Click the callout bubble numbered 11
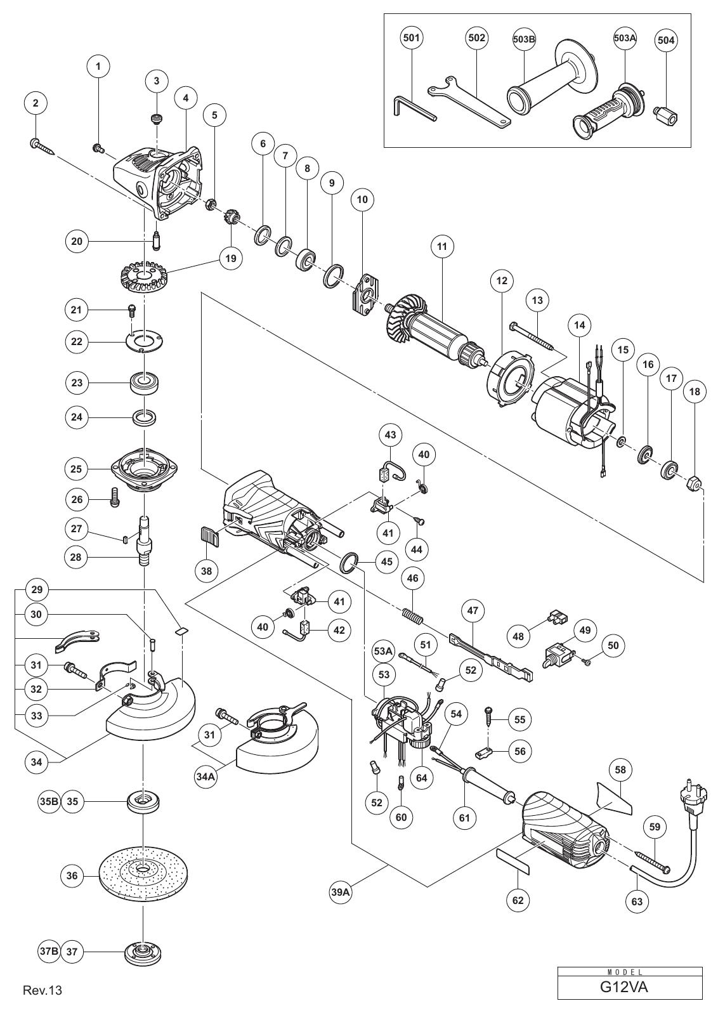pyautogui.click(x=442, y=247)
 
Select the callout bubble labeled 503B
pyautogui.click(x=524, y=39)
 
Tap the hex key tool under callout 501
pyautogui.click(x=412, y=110)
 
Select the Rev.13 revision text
pyautogui.click(x=42, y=1003)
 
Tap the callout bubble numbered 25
pyautogui.click(x=77, y=469)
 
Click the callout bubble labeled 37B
pyautogui.click(x=48, y=951)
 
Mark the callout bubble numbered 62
pyautogui.click(x=518, y=900)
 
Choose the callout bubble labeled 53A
pyautogui.click(x=383, y=652)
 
